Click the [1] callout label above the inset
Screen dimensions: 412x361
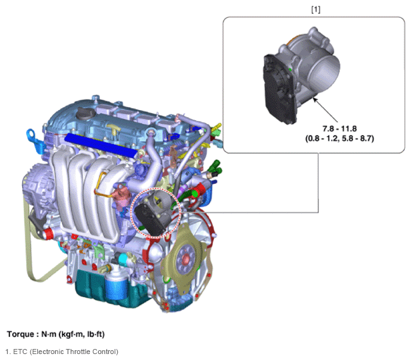316,9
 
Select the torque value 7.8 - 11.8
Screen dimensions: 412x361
339,128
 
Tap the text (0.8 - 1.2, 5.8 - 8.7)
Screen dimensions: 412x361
339,138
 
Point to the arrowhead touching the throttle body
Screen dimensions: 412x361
315,100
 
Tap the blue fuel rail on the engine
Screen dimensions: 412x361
101,145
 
